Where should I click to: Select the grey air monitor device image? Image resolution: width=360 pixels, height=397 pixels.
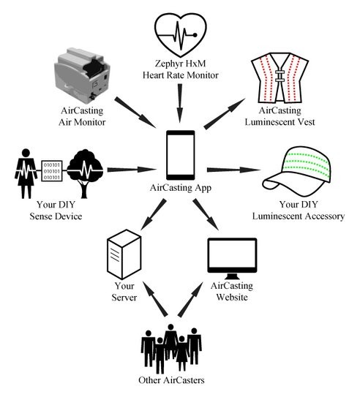(x=82, y=75)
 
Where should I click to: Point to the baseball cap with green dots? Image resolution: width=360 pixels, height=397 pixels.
(x=297, y=171)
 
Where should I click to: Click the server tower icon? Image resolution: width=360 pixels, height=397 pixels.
(x=124, y=254)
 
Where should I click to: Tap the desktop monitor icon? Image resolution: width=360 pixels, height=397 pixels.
(x=232, y=258)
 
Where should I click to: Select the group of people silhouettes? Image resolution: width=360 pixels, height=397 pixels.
(x=171, y=349)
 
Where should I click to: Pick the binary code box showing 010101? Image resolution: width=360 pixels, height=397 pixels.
(x=52, y=171)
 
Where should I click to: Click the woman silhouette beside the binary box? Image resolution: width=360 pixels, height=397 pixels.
(x=26, y=174)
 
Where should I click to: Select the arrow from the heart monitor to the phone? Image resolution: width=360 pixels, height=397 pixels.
(x=180, y=103)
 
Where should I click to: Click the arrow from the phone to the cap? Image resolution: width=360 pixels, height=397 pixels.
(x=233, y=170)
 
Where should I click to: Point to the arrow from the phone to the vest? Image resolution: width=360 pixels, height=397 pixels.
(x=225, y=113)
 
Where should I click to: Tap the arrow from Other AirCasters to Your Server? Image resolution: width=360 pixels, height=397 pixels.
(x=155, y=299)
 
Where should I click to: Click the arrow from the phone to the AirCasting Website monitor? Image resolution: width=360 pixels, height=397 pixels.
(x=206, y=215)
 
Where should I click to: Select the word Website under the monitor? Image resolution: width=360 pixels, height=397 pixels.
(x=232, y=297)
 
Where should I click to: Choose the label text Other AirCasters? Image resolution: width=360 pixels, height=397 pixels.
(x=171, y=380)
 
